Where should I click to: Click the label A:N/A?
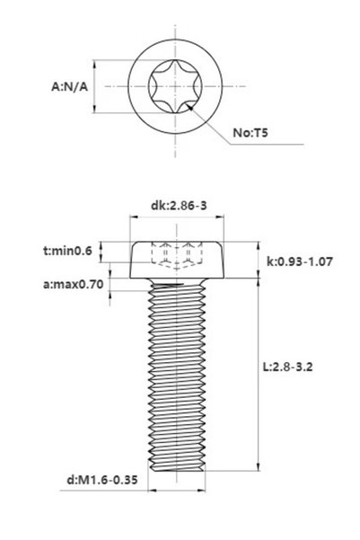[x=69, y=86]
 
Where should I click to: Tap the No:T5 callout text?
[x=250, y=133]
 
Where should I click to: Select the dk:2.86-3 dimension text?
[x=179, y=206]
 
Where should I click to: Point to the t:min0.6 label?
[x=68, y=251]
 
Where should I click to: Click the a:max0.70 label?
[x=73, y=285]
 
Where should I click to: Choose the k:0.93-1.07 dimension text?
[x=300, y=261]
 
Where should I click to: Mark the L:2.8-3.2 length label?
[x=287, y=367]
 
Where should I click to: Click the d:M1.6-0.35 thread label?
[x=101, y=480]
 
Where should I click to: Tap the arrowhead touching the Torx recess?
[x=190, y=107]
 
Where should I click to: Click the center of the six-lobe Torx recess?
[x=175, y=86]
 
